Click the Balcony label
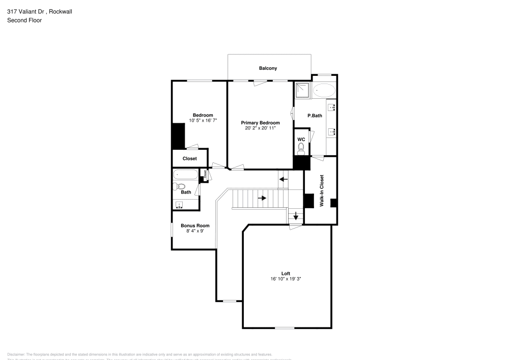coord(268,68)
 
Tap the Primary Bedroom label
coord(260,123)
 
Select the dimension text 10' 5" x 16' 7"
coord(203,121)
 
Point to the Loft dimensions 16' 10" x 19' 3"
coord(286,279)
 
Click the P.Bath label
coord(315,116)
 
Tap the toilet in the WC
coord(301,148)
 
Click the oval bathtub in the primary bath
coord(324,91)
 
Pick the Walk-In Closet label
coord(322,190)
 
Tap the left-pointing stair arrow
coord(283,179)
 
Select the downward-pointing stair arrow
coord(295,216)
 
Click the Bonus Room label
coord(195,226)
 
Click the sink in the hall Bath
coord(179,205)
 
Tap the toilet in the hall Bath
coord(180,186)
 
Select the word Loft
coord(286,273)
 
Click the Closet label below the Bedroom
coord(189,158)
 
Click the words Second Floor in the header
coord(24,20)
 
